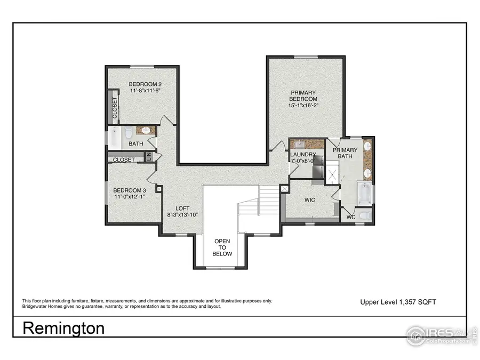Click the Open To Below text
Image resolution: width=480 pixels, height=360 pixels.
click(x=223, y=247)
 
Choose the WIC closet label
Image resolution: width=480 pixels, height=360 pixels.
click(x=310, y=200)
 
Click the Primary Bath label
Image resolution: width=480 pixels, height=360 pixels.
click(x=346, y=153)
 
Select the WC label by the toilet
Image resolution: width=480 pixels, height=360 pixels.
click(x=351, y=217)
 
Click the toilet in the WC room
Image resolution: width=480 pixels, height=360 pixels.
click(x=364, y=215)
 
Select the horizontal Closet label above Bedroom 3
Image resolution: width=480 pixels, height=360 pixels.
click(x=124, y=159)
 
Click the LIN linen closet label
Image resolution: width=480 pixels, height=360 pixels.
click(x=150, y=157)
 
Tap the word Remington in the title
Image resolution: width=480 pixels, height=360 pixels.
click(x=63, y=328)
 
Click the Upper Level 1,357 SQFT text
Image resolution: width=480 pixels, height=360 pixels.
click(x=398, y=302)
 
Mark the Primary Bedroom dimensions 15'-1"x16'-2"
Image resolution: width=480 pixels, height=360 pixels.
click(x=303, y=106)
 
